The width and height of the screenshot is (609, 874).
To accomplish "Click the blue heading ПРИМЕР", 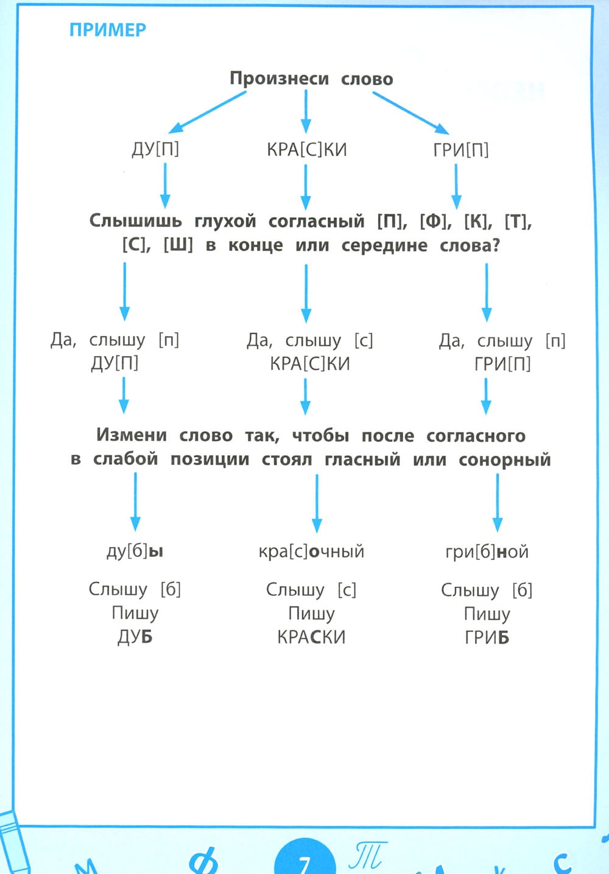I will point(108,30).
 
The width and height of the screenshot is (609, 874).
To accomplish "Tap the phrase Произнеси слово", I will point(311,79).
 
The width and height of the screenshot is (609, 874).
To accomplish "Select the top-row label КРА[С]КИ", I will point(306,150).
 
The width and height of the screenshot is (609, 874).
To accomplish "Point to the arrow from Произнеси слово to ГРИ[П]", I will point(410,112).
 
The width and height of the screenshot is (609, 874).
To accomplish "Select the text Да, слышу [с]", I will point(309,340).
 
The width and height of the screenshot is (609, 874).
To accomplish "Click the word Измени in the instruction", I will point(132,435).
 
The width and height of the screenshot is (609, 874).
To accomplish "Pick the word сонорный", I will point(504,460).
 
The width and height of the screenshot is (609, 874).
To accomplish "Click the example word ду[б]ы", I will point(135,551).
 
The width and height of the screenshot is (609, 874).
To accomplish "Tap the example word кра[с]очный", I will point(311,551).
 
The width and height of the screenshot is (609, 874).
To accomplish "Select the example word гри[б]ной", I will point(487,552).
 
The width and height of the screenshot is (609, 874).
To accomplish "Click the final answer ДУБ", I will point(135,637).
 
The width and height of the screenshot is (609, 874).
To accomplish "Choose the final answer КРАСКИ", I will point(311,637).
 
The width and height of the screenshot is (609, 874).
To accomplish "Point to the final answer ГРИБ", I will point(487,638).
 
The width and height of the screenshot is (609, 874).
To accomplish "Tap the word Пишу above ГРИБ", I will point(487,614).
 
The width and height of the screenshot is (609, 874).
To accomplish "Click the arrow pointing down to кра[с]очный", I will point(317,503).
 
